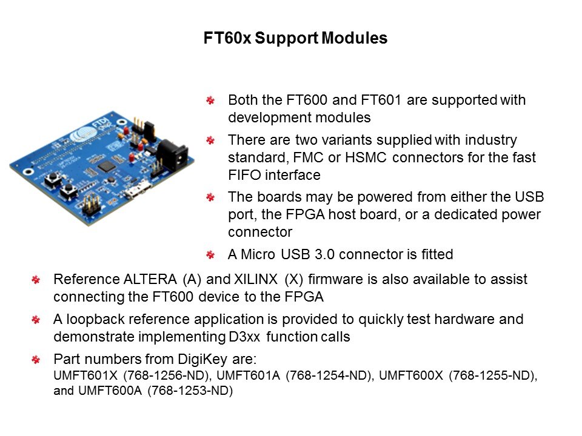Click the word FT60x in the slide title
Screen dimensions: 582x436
coord(227,38)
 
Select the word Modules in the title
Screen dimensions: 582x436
coord(355,38)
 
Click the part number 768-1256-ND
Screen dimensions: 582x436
coord(165,375)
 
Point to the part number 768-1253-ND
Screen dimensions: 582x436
coord(190,391)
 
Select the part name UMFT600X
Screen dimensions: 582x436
coord(411,375)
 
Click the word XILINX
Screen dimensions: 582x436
coord(256,279)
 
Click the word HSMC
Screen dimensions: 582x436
coord(366,157)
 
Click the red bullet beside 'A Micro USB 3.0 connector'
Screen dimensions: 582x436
coord(210,255)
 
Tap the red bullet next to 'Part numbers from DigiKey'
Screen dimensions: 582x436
coord(36,360)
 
